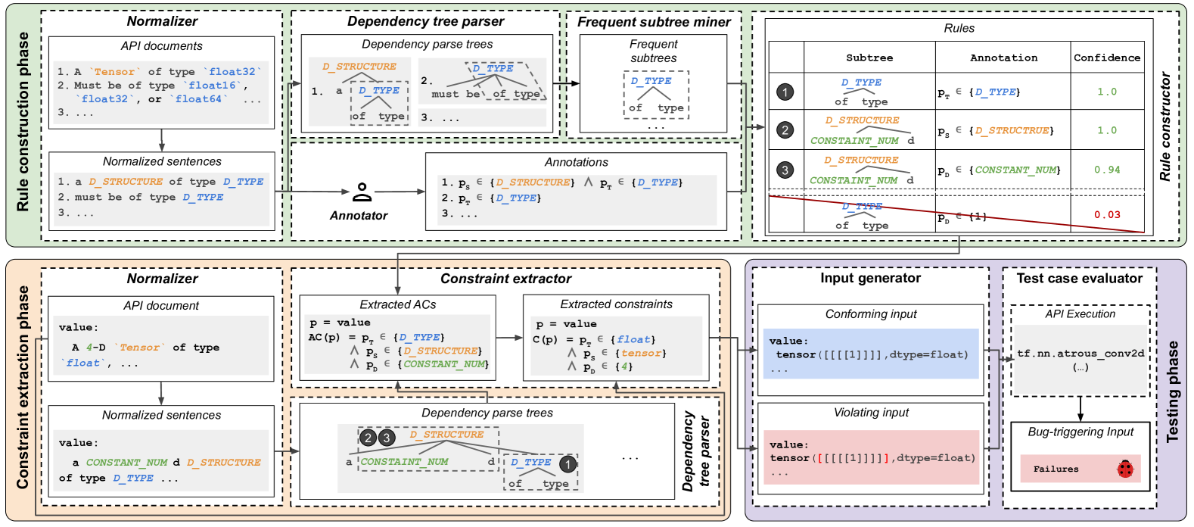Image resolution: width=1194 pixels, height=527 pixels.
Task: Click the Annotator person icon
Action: pos(362,192)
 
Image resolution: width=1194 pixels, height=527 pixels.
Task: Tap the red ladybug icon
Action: pos(1125,469)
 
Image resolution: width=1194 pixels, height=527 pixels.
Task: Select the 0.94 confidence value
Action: pos(1107,170)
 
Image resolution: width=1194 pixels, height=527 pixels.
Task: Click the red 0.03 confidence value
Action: pos(1107,214)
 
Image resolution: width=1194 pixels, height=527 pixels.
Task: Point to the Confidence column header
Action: pos(1107,58)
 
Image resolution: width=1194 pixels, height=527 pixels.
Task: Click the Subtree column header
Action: pos(869,58)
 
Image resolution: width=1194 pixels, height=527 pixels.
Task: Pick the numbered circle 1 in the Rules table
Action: pos(785,92)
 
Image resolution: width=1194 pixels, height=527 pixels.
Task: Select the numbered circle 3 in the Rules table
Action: pos(785,170)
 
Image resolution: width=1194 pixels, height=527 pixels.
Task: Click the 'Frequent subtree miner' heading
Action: pos(654,22)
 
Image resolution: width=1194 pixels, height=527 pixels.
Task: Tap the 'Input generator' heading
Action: pos(870,278)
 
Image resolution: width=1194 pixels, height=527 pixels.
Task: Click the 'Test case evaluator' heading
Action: pos(1080,278)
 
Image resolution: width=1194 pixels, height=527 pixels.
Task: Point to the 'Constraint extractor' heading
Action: pos(506,279)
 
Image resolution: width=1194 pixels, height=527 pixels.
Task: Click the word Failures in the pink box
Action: pos(1056,469)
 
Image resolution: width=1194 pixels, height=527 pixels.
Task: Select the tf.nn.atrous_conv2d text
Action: pos(1081,353)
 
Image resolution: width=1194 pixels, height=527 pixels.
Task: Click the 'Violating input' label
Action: pos(871,413)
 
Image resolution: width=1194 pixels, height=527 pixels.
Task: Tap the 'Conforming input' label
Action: pos(871,313)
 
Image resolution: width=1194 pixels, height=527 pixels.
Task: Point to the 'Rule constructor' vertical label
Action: pos(1166,126)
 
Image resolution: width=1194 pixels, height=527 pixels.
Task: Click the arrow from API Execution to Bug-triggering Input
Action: pos(1081,409)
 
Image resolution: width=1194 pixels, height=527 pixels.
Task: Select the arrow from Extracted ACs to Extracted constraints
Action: pos(509,337)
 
